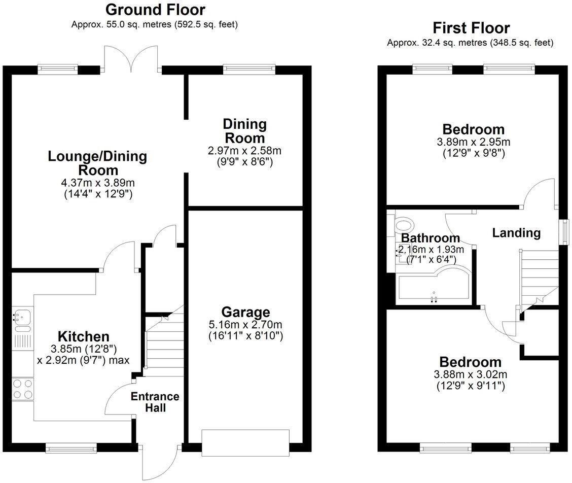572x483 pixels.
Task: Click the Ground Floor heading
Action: coord(155,9)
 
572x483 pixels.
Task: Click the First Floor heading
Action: coord(471,27)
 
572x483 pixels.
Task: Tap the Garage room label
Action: coord(245,312)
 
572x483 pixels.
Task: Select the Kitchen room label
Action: coord(84,336)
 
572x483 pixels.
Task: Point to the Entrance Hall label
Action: coord(155,402)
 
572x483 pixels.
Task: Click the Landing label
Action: coord(516,233)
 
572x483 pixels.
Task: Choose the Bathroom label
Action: coord(430,238)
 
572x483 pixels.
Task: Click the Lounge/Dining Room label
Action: coord(97,163)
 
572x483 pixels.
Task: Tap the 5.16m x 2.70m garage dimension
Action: coord(245,325)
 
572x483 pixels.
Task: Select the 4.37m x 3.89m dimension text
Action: coord(98,183)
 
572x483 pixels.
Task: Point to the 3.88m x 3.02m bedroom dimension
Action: coord(471,375)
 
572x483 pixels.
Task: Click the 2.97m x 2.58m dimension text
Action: coord(244,151)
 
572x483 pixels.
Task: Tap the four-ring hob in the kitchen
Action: coord(23,389)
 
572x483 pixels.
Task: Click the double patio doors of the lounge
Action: coord(131,58)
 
